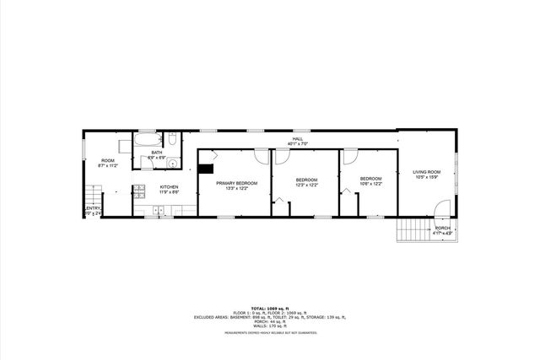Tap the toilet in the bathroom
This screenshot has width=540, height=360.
pyautogui.click(x=171, y=140)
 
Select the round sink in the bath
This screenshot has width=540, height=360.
pyautogui.click(x=171, y=164)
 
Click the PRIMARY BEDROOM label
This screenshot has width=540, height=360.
pyautogui.click(x=236, y=183)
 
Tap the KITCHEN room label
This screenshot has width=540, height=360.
pyautogui.click(x=169, y=186)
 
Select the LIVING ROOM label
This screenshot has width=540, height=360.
pyautogui.click(x=427, y=172)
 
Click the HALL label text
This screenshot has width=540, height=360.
pyautogui.click(x=297, y=139)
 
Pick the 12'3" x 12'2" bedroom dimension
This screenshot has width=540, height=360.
pyautogui.click(x=306, y=185)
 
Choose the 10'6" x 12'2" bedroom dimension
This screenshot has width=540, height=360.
pyautogui.click(x=370, y=184)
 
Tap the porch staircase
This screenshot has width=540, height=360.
pyautogui.click(x=413, y=228)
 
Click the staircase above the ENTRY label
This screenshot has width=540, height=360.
pyautogui.click(x=89, y=195)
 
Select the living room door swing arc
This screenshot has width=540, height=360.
pyautogui.click(x=440, y=208)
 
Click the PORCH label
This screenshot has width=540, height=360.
pyautogui.click(x=442, y=228)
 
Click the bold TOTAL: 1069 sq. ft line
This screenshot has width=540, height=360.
pyautogui.click(x=270, y=308)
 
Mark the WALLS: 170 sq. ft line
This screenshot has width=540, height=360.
pyautogui.click(x=270, y=325)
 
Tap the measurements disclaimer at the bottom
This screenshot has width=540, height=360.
pyautogui.click(x=270, y=333)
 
